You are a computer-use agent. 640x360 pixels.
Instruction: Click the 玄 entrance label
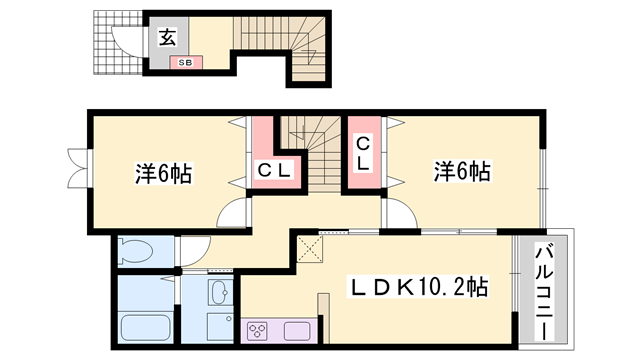click(x=167, y=38)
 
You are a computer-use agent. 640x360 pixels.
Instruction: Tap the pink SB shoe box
click(x=185, y=63)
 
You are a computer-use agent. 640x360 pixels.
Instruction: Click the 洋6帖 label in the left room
click(x=163, y=173)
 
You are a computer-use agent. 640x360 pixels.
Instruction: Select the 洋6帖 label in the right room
click(x=461, y=171)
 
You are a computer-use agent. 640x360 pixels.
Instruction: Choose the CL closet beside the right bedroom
click(x=364, y=155)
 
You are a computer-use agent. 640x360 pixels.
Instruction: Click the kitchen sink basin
click(x=298, y=331)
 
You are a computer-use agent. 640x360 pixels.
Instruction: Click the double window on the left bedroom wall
click(x=76, y=168)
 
